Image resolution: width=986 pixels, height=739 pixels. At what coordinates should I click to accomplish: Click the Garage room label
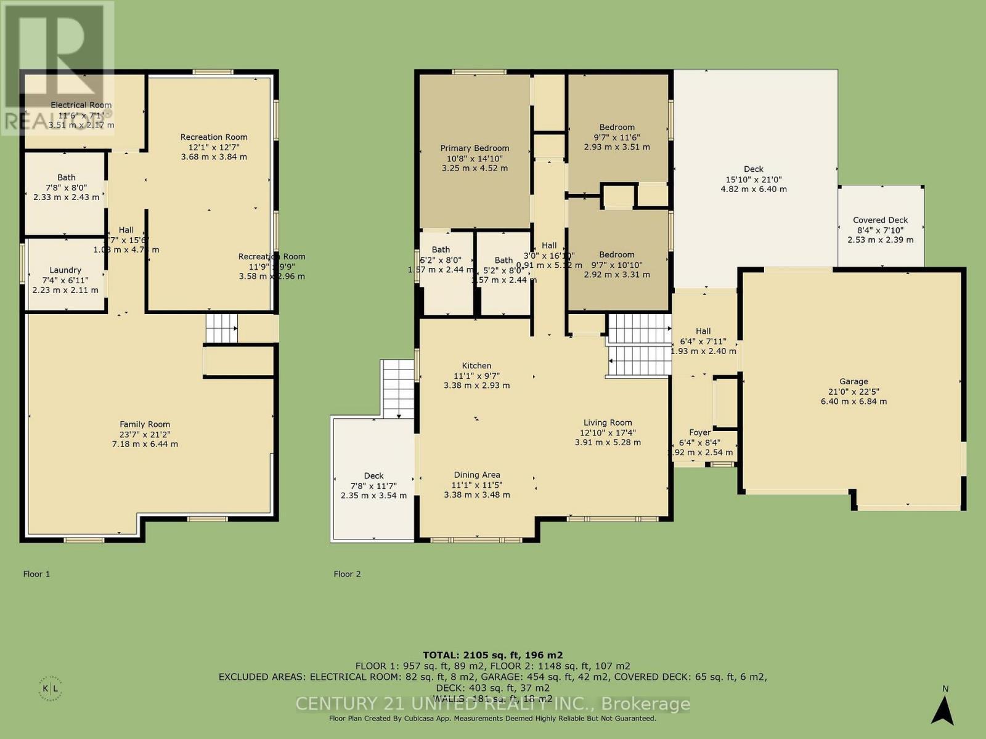pos(854,381)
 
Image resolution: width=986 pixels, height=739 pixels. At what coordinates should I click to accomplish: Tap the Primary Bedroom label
pos(475,148)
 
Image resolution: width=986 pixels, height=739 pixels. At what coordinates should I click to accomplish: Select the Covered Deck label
pos(880,220)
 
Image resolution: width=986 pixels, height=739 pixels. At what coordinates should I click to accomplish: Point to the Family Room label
pos(145,424)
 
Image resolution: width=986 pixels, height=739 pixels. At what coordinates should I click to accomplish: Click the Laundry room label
pos(65,270)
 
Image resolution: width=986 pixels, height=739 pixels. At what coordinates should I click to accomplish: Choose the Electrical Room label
pos(81,105)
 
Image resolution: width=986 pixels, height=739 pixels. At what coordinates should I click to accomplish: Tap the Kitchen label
pos(476,365)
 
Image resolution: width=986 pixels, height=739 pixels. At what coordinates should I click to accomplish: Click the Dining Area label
pos(476,474)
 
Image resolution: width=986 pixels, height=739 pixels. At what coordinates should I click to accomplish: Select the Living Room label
pos(608,422)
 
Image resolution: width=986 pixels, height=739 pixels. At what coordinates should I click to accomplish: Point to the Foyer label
pos(699,432)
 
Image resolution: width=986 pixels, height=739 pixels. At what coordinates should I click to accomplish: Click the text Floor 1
pos(36,574)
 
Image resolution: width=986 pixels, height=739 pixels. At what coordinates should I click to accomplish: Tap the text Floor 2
pos(347,574)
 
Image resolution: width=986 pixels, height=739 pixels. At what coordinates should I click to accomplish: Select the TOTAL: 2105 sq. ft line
pos(492,655)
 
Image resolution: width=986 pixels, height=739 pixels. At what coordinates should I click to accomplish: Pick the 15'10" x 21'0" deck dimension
pos(753,179)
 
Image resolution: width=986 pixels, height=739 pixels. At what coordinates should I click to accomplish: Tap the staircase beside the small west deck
pos(398,388)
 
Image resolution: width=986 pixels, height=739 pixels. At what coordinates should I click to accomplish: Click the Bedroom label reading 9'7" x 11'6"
pos(616,127)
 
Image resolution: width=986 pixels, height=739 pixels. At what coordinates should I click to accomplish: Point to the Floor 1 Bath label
pos(67,177)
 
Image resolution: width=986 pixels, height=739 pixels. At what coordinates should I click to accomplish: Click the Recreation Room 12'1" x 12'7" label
pos(214,137)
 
